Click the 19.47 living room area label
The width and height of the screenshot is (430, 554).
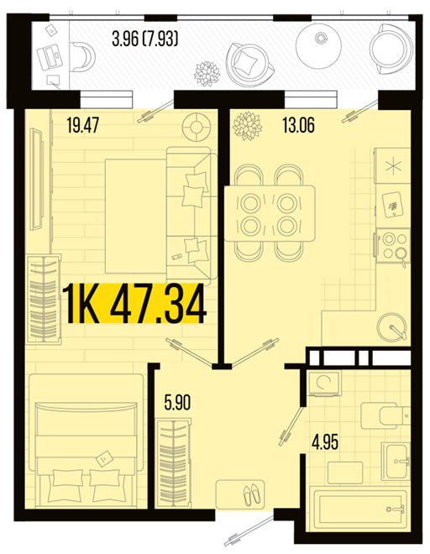point(83,125)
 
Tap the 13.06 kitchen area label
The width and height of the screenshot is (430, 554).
point(298,125)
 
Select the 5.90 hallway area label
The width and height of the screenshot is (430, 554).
point(177,402)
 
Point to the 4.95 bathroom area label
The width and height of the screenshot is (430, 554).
point(325,442)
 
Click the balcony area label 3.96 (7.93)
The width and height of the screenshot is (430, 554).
point(145,39)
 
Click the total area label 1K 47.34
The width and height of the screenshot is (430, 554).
point(134,304)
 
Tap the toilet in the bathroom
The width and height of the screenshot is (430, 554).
point(385,415)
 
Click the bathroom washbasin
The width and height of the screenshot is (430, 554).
point(396,461)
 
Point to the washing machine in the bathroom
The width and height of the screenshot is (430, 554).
point(323,383)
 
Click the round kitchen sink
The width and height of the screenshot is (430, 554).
point(392,327)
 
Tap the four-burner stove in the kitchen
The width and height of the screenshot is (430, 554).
point(392,246)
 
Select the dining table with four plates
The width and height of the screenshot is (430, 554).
point(270,213)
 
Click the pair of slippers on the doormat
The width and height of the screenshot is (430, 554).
point(251,494)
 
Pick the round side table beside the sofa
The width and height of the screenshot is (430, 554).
point(197,127)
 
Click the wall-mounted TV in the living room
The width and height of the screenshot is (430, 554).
point(36,180)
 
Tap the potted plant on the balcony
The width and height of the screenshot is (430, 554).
point(207,74)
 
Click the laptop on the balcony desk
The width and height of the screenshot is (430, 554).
point(50,57)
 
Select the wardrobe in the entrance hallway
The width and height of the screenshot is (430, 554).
point(173,463)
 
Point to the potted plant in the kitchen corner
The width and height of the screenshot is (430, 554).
point(247,125)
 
